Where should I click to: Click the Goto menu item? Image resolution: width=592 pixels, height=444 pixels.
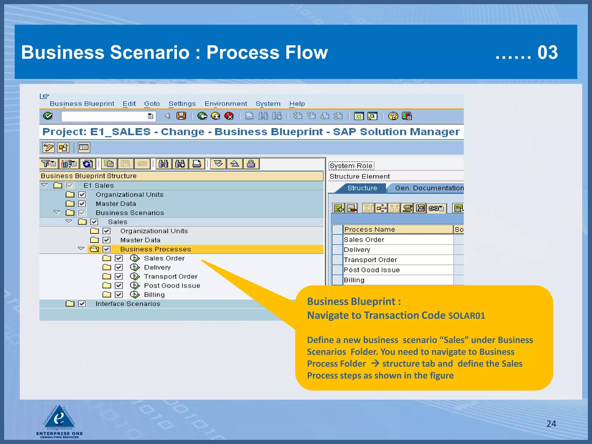point(152,104)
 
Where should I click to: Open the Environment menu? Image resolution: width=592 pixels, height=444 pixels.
point(226,104)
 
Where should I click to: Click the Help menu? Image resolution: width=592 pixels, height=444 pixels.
point(297,104)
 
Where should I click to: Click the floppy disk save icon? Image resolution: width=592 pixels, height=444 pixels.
point(181,116)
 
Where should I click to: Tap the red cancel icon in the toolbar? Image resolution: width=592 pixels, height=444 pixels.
point(229,116)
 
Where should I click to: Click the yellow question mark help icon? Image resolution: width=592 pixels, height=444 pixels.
point(393,116)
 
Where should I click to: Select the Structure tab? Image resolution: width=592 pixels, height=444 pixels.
point(362,188)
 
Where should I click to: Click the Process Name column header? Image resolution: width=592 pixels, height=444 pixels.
point(398,230)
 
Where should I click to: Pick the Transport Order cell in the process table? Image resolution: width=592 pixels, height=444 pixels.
point(398,260)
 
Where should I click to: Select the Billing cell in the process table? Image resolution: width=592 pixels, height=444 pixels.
point(398,280)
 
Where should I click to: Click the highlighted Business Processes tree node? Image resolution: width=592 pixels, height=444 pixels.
point(156,249)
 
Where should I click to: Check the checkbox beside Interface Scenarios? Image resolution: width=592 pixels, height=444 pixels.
point(82,304)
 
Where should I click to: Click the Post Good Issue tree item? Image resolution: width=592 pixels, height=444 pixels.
point(172,286)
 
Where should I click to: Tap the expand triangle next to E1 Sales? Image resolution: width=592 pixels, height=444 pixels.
point(45,185)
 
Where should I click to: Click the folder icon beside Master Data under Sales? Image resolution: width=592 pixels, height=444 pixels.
point(95,240)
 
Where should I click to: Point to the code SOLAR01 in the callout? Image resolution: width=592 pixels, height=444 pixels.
point(466,316)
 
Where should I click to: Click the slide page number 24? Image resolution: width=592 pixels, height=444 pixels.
point(551,424)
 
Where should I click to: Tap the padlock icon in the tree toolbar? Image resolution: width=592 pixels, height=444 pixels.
point(251,164)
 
